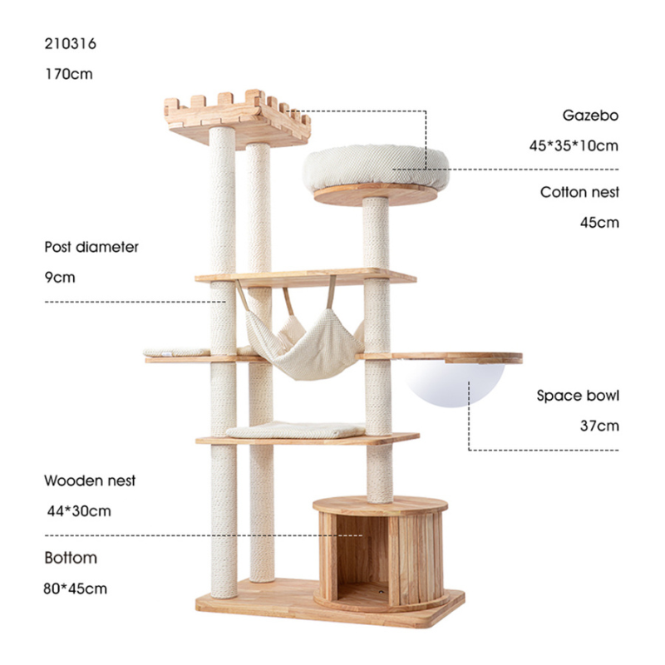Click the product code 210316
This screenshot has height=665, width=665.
71,44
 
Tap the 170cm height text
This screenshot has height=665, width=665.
69,74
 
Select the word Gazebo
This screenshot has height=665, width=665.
590,116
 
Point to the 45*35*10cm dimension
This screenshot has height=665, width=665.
574,146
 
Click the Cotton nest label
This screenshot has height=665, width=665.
579,192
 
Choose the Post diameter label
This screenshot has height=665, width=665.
91,247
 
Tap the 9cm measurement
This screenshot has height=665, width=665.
60,278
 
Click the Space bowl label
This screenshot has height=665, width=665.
578,396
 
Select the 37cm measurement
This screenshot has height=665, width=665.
599,426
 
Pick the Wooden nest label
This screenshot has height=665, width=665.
90,480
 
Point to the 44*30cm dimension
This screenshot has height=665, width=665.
79,511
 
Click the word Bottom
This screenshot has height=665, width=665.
71,558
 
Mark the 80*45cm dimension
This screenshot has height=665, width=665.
75,589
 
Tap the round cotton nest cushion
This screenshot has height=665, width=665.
376,167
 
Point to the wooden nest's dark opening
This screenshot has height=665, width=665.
363,556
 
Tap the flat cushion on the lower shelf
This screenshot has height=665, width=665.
296,430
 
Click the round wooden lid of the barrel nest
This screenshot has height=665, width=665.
381,505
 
